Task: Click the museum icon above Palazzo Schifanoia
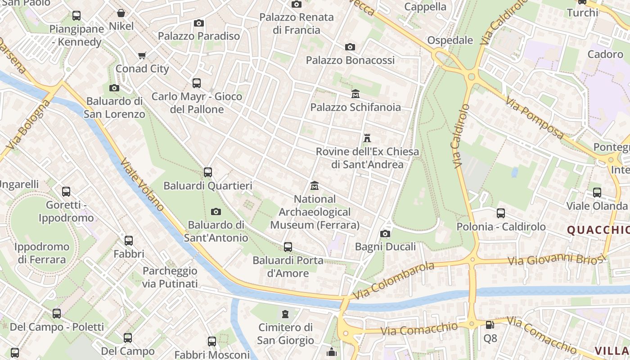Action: click(355, 94)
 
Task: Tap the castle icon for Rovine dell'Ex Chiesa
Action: click(367, 138)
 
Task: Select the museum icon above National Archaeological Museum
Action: click(315, 185)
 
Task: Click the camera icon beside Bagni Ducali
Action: click(385, 234)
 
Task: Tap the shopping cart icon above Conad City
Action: click(142, 56)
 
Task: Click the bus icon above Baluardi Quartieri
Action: click(207, 172)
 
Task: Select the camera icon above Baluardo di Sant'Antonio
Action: click(216, 211)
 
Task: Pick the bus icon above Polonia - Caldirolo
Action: click(501, 213)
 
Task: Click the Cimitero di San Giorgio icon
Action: click(285, 314)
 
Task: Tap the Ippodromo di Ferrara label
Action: click(41, 253)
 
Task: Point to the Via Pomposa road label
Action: click(535, 118)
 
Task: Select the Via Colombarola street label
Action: click(394, 280)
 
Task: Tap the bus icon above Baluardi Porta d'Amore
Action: click(288, 247)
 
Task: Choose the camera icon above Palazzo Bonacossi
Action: click(350, 47)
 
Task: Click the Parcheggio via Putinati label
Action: click(170, 277)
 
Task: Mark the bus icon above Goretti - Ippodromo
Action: click(66, 192)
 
